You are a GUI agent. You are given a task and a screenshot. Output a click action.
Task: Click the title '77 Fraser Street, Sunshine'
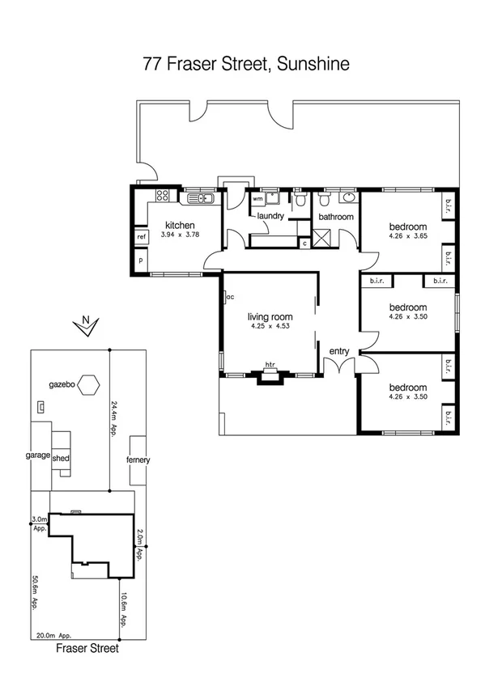246,64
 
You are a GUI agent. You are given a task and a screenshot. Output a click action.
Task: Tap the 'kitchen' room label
180,225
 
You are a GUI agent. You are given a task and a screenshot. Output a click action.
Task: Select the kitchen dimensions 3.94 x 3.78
180,235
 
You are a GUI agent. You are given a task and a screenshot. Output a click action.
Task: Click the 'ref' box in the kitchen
141,237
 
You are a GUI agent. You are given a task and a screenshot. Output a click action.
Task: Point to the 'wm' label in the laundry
257,198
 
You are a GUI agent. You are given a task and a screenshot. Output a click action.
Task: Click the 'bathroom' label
335,217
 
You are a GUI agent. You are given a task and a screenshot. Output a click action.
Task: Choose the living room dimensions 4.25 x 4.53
270,326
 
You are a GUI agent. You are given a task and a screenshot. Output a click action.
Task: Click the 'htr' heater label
270,366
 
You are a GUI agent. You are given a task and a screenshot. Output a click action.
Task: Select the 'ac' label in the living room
230,297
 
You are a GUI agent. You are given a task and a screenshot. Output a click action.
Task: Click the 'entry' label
338,350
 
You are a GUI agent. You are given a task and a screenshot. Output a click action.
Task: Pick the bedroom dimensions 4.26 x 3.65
407,236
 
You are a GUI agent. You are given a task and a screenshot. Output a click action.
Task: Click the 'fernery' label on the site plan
138,459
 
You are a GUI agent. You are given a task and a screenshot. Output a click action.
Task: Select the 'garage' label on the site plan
38,455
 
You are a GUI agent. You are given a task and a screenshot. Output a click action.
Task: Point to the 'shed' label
62,457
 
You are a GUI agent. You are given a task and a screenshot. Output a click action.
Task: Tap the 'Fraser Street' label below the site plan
87,648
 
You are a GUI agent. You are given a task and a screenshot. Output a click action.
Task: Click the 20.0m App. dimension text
54,636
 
